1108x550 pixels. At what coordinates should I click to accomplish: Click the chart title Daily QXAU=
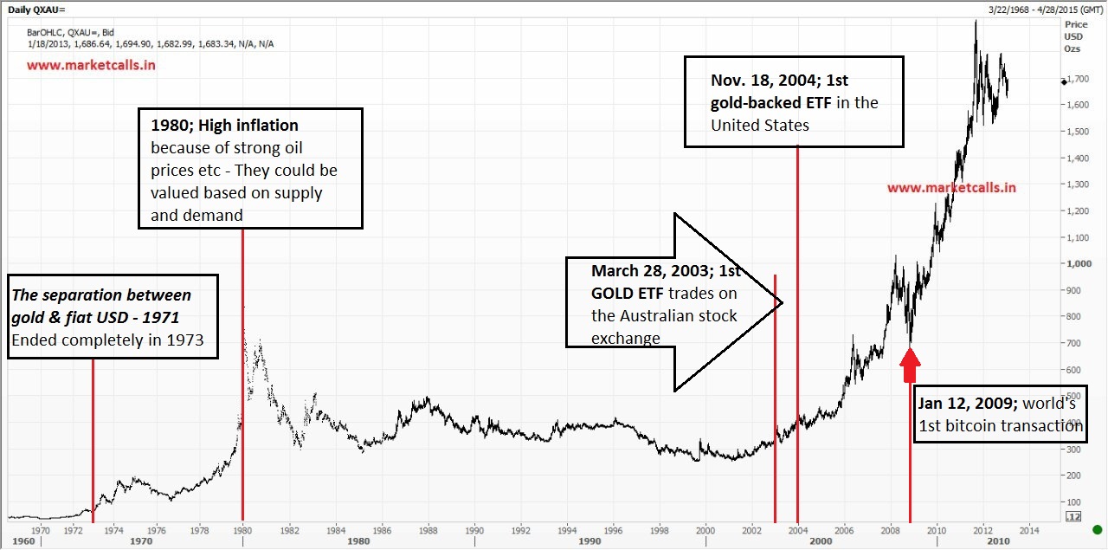[35, 10]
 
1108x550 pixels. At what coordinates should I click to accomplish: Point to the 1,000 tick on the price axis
[1077, 263]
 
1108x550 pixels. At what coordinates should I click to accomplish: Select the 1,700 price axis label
[1077, 79]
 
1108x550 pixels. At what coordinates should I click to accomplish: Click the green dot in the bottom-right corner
[1098, 530]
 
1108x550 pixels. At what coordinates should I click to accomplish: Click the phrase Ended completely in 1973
[107, 340]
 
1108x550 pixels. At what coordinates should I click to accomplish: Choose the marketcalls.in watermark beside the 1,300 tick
[951, 187]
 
